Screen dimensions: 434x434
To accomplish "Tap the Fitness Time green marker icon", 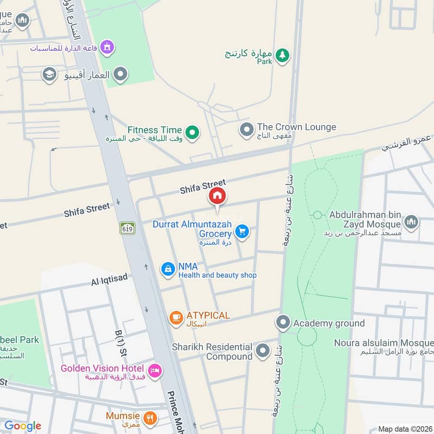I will [x=192, y=131].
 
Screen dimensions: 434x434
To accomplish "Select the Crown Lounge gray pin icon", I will [x=247, y=130].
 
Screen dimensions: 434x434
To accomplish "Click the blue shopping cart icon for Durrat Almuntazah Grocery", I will [x=242, y=232].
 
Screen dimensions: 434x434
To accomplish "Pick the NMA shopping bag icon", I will [x=168, y=269].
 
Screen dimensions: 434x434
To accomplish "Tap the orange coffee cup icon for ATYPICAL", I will [x=175, y=318].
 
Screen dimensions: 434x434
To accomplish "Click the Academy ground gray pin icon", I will [x=283, y=323].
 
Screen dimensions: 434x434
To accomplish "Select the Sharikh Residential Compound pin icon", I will [x=263, y=350].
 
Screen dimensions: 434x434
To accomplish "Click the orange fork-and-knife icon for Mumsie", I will [x=151, y=417].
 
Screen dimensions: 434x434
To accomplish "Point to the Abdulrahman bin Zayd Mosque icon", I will [x=411, y=221].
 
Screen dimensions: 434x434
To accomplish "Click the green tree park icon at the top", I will [x=282, y=55].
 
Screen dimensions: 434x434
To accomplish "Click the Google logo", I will [x=23, y=426].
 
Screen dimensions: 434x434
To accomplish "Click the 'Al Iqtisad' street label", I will [x=110, y=278].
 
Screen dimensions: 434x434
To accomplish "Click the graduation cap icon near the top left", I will [x=49, y=75].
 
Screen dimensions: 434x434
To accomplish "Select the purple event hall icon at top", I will [x=107, y=47].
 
